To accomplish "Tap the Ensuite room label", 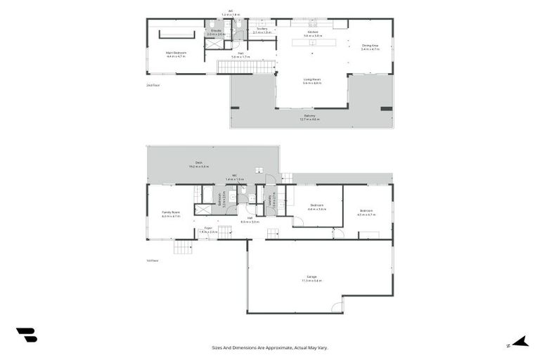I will coord(215,32).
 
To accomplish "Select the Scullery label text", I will coord(262,30).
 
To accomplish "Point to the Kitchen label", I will coord(313,33).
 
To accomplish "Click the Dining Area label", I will coord(370,47).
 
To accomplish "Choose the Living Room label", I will coord(312,80).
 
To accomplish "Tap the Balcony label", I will coord(309,117).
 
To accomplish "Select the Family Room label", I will coord(171,214).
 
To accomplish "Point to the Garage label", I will coord(311,278).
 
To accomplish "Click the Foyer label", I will coord(208,229).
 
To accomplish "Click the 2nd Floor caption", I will coord(153,85).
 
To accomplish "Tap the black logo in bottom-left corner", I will coord(27,335).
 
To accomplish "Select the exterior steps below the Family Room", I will coord(182,247).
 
